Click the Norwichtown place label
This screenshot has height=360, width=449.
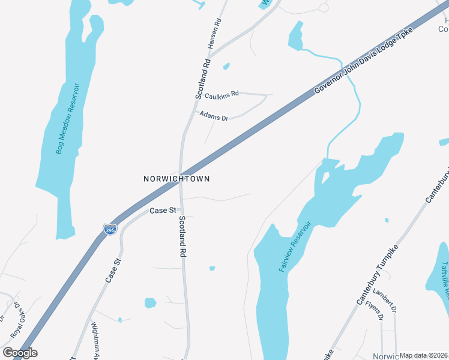(176, 179)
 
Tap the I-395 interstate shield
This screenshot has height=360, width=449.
(109, 229)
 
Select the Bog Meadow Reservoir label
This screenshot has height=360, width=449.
(68, 118)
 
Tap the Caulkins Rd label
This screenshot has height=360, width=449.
(221, 95)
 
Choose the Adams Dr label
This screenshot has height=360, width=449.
(214, 115)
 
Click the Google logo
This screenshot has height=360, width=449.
(20, 353)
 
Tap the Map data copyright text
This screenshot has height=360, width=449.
(423, 355)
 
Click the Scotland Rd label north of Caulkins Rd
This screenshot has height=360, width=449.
(203, 79)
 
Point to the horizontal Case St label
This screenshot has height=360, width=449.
(162, 211)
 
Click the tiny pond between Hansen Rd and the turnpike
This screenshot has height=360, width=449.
(226, 66)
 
